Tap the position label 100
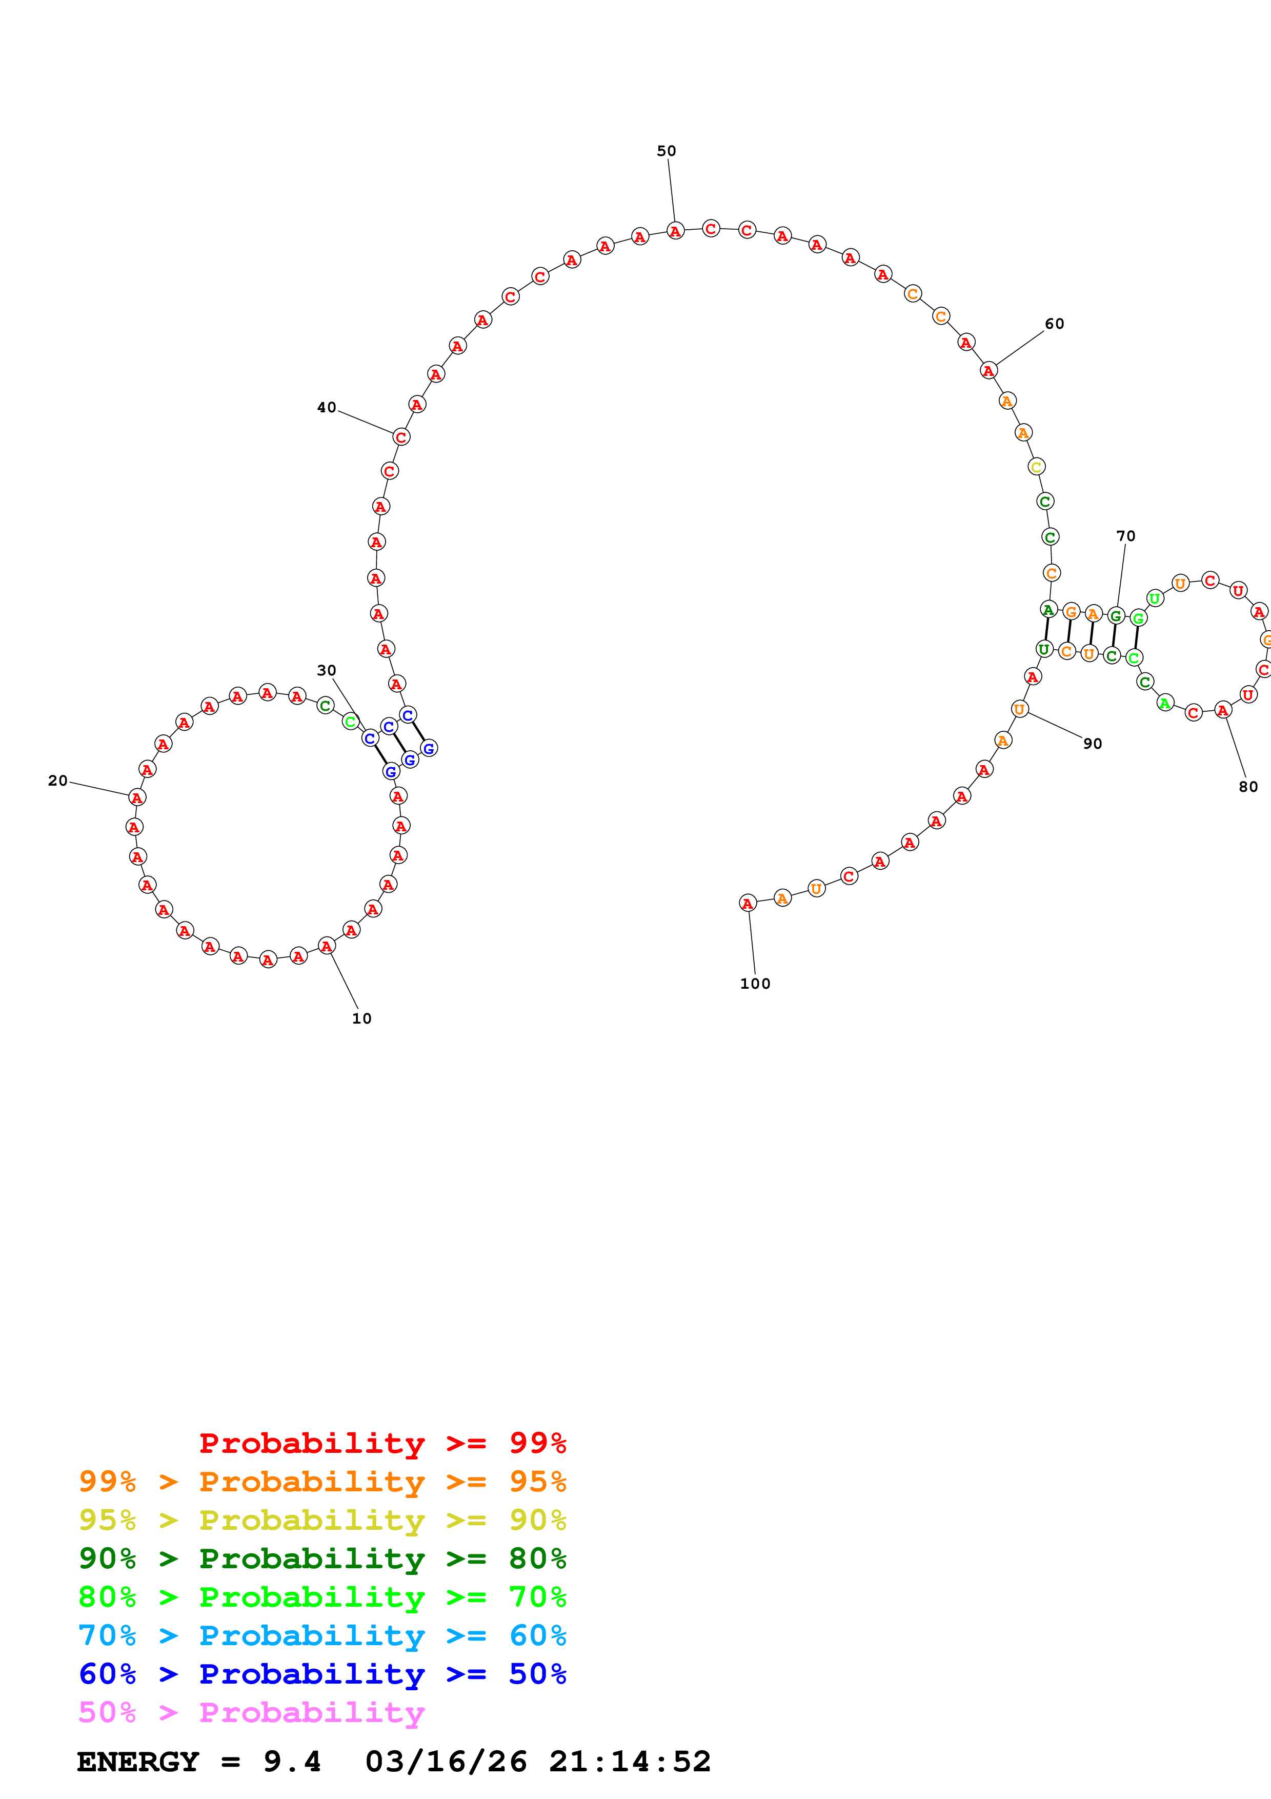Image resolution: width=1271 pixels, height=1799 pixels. tap(755, 983)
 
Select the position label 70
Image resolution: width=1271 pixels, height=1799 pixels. tap(1125, 536)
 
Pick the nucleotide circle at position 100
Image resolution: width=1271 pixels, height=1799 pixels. tap(748, 904)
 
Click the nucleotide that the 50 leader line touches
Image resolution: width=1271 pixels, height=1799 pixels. tap(675, 231)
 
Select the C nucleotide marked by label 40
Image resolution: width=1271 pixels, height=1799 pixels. tap(401, 437)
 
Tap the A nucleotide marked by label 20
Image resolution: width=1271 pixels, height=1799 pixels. tap(137, 797)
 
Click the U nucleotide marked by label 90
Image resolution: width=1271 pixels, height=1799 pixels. tap(1019, 709)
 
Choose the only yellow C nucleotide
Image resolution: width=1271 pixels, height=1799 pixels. tap(1036, 467)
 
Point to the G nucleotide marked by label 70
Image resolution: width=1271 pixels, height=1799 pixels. tap(1116, 616)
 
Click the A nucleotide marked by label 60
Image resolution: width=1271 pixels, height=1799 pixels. tap(988, 371)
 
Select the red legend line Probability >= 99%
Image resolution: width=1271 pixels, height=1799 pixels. tap(382, 1443)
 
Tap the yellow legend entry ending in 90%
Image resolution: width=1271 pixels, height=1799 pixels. tap(322, 1520)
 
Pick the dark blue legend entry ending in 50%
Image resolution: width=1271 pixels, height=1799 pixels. tap(322, 1674)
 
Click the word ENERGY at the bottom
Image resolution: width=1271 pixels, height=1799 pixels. tap(138, 1762)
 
